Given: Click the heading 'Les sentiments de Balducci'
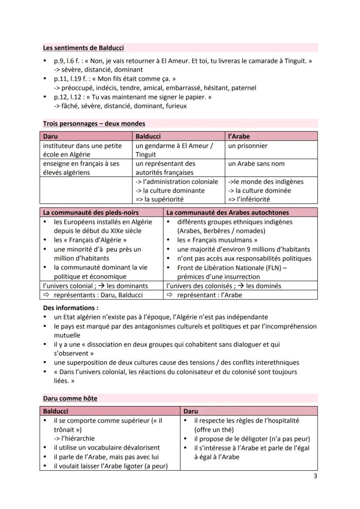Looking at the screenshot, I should (83, 48).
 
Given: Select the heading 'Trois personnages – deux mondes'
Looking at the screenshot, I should (94, 123).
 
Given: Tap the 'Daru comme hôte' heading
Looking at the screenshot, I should (70, 398).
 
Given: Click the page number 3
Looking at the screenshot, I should (315, 476).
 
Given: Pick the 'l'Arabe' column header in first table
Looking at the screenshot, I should (239, 136).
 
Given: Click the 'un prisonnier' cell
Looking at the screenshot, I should (247, 146).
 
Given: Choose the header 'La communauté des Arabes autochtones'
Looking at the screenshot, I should (227, 213).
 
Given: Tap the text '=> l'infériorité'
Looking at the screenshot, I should (249, 199).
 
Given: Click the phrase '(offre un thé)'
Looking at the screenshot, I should (211, 429).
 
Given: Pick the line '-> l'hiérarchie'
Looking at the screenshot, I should (74, 438).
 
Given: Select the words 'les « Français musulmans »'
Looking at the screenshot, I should (217, 240).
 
